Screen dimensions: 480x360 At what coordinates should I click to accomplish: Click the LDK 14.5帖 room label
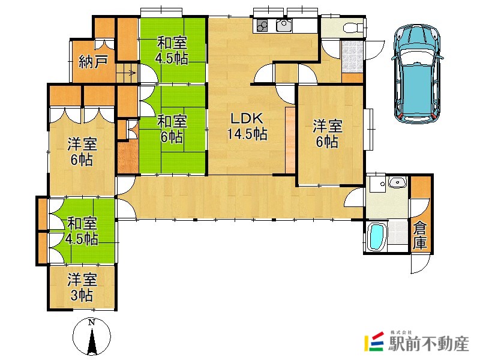pos(247,126)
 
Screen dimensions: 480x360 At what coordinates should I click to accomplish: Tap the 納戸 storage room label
pos(93,62)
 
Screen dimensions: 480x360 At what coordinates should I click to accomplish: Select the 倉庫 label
pos(419,235)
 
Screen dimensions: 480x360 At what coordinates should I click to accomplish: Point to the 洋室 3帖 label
pos(82,287)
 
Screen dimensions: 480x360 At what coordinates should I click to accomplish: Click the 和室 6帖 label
pos(172,129)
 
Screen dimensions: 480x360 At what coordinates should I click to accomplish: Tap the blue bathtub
pos(376,236)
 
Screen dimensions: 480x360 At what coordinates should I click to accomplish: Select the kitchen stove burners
pos(262,25)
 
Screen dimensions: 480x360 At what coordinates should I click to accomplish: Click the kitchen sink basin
pos(284,25)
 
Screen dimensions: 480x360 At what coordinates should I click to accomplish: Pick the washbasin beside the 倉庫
pos(397,183)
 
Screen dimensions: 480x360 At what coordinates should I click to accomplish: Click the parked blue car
pos(417,74)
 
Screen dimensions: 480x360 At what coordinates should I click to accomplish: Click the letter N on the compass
pos(92,322)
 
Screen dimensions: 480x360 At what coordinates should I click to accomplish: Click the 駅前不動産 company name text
pos(428,343)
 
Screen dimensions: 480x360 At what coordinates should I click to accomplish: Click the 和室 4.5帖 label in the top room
pos(172,50)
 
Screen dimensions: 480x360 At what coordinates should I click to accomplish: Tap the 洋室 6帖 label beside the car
pos(328,134)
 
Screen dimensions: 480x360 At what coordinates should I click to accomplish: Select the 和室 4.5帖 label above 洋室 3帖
pos(82,231)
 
